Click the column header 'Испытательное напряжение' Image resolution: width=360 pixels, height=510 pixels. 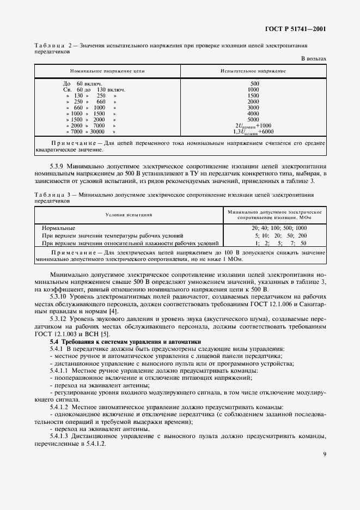tap(253, 71)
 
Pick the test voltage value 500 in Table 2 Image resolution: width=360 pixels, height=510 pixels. tap(254, 83)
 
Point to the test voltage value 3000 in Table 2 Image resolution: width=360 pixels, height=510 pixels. tap(254, 107)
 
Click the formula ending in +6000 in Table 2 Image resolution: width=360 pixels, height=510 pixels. tap(254, 132)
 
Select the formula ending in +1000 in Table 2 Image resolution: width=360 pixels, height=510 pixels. tap(254, 125)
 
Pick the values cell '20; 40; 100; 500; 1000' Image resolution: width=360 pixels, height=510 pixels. tap(279, 228)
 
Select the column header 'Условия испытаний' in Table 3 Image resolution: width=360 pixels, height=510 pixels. tap(129, 215)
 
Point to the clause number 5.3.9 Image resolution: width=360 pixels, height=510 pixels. tap(59, 162)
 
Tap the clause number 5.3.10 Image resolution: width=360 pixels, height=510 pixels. tap(60, 296)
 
